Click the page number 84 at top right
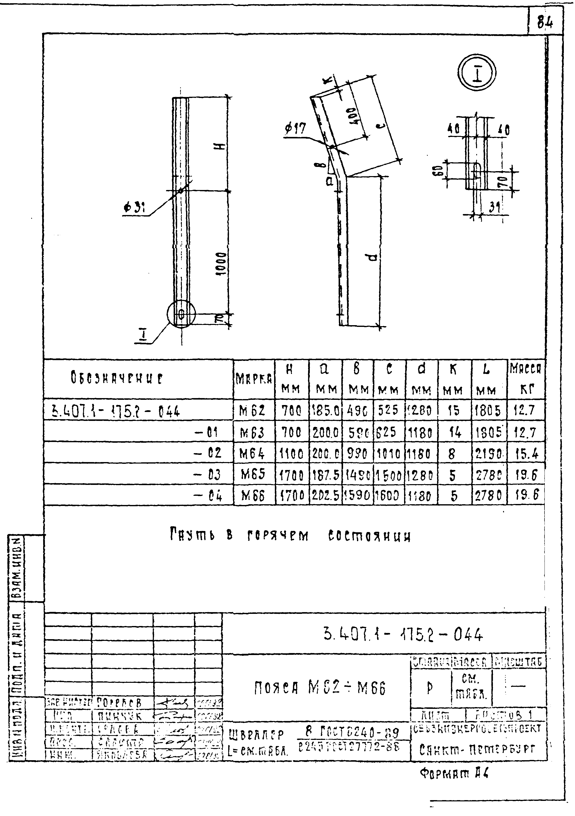[544, 23]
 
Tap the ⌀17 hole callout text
[296, 129]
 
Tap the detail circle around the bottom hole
[181, 314]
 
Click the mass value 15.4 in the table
[526, 453]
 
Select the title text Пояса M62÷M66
[320, 689]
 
